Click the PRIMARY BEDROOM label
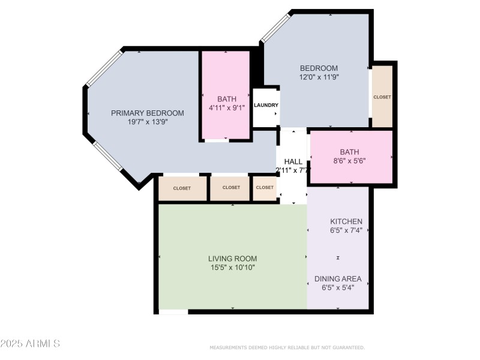tap(148, 113)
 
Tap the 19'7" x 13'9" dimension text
tap(148, 122)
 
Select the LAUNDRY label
tap(266, 105)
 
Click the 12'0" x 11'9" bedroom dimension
tap(319, 77)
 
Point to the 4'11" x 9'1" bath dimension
tap(227, 108)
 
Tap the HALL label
tap(293, 161)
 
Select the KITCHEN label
tap(346, 221)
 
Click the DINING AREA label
tap(338, 278)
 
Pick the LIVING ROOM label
tap(233, 259)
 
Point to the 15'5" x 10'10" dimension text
tap(233, 268)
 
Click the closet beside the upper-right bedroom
tap(382, 97)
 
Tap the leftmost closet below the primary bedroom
tap(182, 188)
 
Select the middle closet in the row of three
tap(231, 188)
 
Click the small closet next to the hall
tap(265, 188)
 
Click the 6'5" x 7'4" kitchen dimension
tap(346, 230)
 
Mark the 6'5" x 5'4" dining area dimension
tap(338, 287)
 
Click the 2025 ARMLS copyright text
tap(30, 344)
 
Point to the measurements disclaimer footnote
tap(287, 347)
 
